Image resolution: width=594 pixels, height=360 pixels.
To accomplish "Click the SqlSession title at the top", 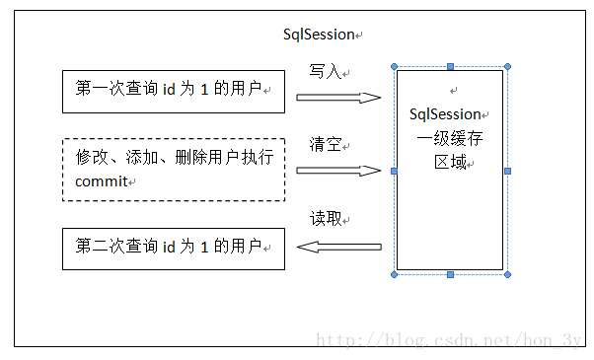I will pyautogui.click(x=318, y=35).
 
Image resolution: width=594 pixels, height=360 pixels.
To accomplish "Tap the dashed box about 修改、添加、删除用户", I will pyautogui.click(x=174, y=170).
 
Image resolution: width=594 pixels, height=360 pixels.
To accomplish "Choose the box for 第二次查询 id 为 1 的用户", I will pyautogui.click(x=174, y=248).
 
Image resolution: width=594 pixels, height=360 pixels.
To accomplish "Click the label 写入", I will pyautogui.click(x=325, y=72).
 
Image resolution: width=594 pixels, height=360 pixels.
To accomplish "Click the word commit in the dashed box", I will pyautogui.click(x=103, y=181).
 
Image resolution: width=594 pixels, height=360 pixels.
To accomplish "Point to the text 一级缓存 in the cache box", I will pyautogui.click(x=449, y=138).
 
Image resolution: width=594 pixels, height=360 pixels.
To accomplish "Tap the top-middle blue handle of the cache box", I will pyautogui.click(x=451, y=67).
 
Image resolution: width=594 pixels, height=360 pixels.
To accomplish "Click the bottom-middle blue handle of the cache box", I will pyautogui.click(x=451, y=274).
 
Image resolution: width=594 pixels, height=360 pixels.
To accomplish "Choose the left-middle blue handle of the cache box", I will pyautogui.click(x=394, y=171).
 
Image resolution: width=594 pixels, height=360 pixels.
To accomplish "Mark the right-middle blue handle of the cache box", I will pyautogui.click(x=508, y=171).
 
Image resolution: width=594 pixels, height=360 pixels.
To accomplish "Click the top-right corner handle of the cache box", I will pyautogui.click(x=508, y=67).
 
